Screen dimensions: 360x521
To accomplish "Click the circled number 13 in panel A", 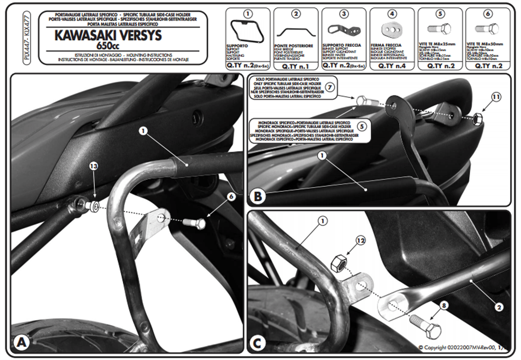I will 93,166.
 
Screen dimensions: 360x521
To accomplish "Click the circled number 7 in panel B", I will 330,87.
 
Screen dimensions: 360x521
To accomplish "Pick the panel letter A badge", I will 21,343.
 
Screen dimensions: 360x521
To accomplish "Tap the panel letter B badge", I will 258,197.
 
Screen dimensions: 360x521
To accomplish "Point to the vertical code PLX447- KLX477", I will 27,40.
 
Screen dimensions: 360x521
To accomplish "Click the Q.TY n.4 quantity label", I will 392,66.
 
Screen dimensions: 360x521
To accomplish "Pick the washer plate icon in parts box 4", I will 392,30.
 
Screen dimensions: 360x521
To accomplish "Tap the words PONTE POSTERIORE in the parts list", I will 294,45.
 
